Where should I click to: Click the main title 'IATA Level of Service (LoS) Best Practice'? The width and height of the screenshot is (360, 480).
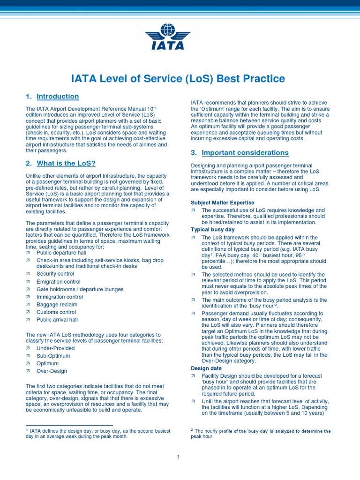coord(178,79)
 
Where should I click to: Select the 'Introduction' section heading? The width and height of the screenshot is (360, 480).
coord(58,97)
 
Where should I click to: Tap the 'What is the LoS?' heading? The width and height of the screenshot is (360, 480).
coord(66,163)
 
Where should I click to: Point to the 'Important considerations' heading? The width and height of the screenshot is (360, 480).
coord(245,153)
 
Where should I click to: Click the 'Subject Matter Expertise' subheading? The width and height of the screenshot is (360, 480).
coord(222,202)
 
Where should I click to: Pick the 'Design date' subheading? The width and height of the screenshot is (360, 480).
coord(206,368)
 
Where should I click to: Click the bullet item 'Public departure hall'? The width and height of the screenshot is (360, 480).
coord(61,252)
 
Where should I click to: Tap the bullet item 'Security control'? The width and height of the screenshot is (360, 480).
coord(55,274)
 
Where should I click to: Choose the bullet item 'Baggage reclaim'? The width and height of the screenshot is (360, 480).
coord(57,304)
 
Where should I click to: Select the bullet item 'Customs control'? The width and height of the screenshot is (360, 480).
coord(56,312)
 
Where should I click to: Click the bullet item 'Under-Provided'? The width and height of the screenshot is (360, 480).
coord(55,348)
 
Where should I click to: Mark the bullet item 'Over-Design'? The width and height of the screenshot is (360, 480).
coord(52,371)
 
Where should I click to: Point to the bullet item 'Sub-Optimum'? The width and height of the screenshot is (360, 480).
coord(53,356)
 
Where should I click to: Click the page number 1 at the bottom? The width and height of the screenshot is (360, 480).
coord(179,457)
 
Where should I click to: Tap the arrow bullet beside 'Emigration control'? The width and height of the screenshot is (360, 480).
coord(28,282)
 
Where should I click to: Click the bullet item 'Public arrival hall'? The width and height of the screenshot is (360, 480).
coord(57,320)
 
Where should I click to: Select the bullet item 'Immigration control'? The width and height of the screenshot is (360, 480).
coord(60,297)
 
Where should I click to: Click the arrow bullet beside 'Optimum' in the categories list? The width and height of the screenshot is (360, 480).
coord(28,363)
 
